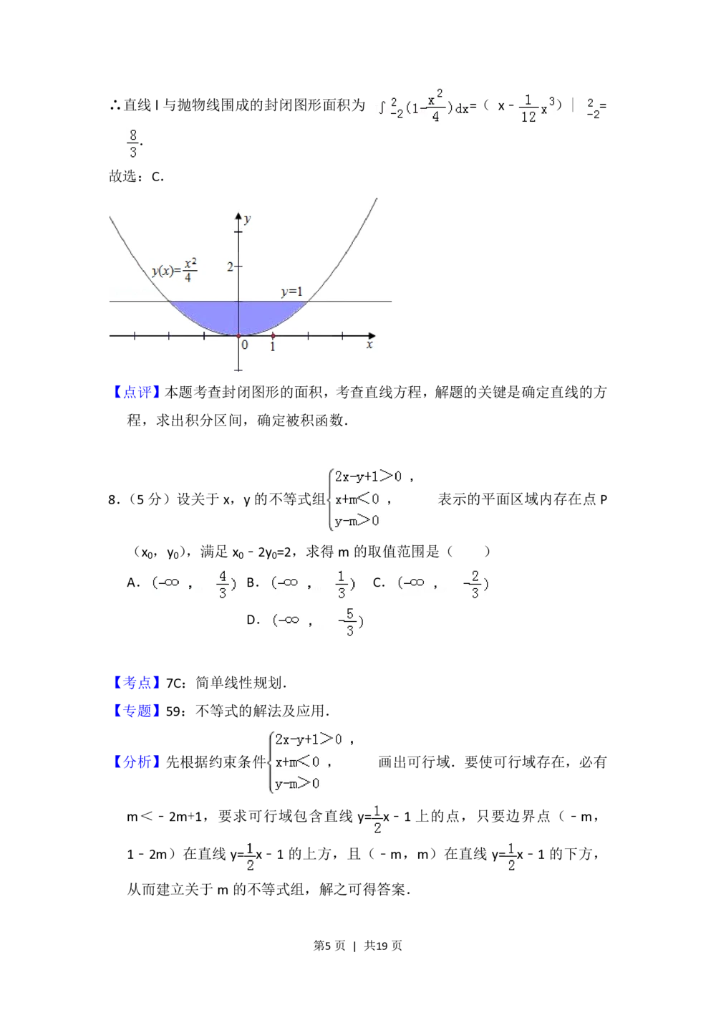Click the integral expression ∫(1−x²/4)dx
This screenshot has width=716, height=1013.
421,106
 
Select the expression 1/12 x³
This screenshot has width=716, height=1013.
536,106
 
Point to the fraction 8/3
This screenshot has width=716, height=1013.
134,143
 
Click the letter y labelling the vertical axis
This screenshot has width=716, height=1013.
248,219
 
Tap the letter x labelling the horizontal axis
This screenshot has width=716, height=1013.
369,345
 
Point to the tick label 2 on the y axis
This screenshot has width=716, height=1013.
231,267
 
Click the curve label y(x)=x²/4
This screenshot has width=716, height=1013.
175,269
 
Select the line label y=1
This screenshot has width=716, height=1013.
291,292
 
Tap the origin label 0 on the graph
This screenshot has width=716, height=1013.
245,345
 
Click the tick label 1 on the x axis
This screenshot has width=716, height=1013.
272,347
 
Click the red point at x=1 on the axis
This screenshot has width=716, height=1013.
273,335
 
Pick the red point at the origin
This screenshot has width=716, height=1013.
238,335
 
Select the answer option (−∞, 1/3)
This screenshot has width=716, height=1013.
312,584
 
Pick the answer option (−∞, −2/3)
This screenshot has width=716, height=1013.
441,584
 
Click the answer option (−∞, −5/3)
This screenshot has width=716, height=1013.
318,621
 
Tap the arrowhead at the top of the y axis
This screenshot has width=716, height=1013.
238,215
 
